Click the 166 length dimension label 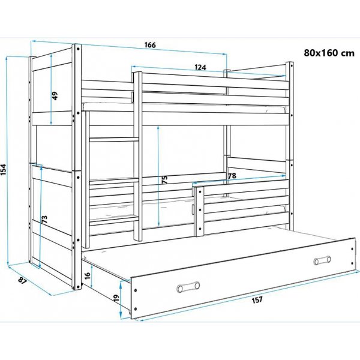click(x=150, y=45)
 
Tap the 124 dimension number click(x=200, y=67)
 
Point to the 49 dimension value click(x=55, y=96)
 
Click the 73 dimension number click(x=44, y=219)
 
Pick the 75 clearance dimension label click(x=164, y=180)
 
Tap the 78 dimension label click(x=232, y=176)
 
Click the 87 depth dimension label click(x=22, y=280)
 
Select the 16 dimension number click(x=88, y=275)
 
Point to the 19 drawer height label click(x=116, y=298)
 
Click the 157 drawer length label click(x=257, y=300)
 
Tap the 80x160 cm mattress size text click(x=329, y=53)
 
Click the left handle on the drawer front click(x=188, y=287)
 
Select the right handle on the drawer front click(x=322, y=260)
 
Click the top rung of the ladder click(x=114, y=140)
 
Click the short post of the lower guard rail click(x=199, y=211)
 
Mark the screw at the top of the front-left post click(x=78, y=49)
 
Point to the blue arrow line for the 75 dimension click(x=158, y=176)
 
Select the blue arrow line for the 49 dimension click(x=51, y=89)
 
